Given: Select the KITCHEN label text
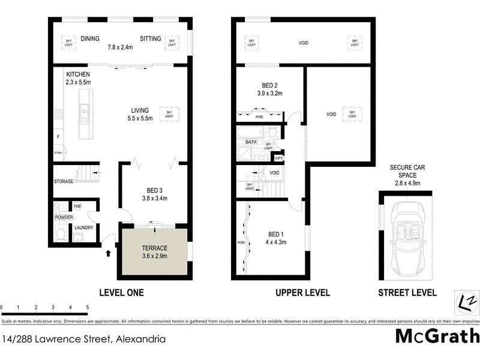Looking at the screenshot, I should [77, 74].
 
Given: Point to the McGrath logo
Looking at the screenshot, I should [437, 336].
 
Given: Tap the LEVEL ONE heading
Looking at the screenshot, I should [121, 293].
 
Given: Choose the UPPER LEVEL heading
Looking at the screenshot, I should [302, 293].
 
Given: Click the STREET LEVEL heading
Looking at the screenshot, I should [406, 293].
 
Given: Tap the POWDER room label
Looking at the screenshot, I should [64, 217].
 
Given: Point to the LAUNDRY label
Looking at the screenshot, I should [83, 227].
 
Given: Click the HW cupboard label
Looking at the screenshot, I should [78, 206].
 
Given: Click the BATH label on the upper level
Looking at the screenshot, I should [251, 142].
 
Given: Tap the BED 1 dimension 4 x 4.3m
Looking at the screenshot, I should [276, 242].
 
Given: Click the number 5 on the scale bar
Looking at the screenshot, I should [88, 307].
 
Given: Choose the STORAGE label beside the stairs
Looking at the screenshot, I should [64, 181].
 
